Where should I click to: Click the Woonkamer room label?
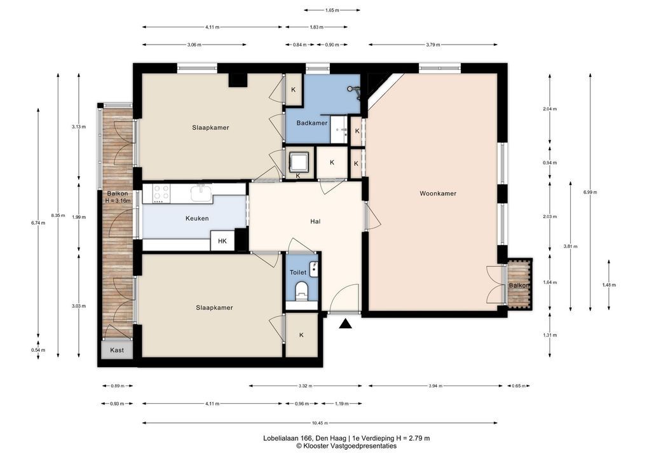(438, 193)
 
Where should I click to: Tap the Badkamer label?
(312, 123)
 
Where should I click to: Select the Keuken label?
(197, 218)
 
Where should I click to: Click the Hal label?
(315, 221)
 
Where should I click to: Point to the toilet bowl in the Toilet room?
(302, 289)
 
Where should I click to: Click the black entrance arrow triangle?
(346, 324)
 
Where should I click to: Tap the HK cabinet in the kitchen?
(222, 241)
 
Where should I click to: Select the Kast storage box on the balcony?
(117, 350)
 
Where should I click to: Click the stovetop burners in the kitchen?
(161, 193)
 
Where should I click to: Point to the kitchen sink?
(201, 193)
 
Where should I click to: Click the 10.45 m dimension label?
(320, 422)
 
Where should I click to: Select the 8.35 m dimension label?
(58, 215)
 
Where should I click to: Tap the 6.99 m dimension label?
(590, 192)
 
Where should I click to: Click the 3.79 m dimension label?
(433, 45)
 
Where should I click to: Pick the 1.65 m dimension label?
(332, 10)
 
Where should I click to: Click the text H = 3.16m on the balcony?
(118, 201)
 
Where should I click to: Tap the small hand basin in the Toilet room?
(314, 269)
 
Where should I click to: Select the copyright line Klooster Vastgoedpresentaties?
(346, 446)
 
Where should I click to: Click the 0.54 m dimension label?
(38, 350)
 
